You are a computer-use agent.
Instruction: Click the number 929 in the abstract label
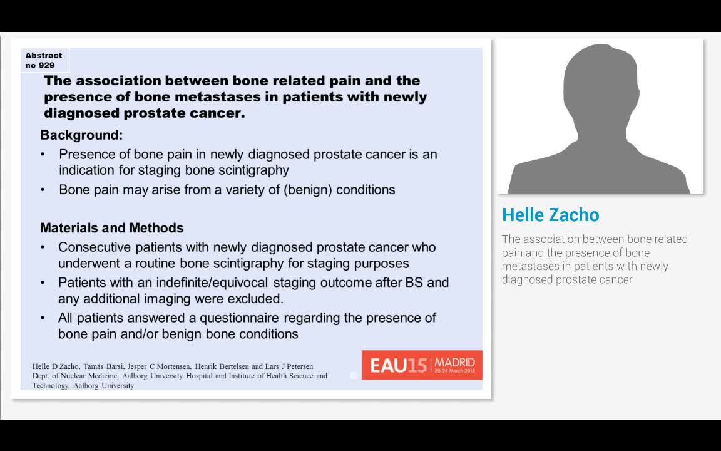(48, 65)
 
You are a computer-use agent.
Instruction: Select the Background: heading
(81, 135)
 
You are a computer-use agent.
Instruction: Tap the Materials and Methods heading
(112, 228)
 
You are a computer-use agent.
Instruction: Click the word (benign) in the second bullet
(308, 190)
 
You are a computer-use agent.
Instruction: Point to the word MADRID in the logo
(455, 362)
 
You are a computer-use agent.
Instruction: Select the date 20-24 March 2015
(455, 371)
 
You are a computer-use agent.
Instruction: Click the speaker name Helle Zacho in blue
(550, 215)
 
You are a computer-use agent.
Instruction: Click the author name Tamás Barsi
(98, 366)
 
